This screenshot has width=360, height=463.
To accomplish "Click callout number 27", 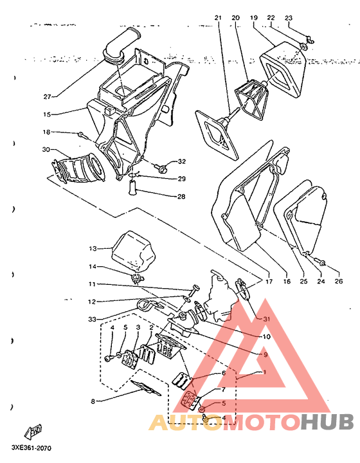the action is (x=47, y=96).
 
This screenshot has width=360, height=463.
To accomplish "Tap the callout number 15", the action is (x=47, y=114).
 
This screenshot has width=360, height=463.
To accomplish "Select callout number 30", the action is (x=46, y=149).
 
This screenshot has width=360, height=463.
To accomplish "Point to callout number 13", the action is (x=93, y=248).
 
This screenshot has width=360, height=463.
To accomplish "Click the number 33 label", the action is (x=92, y=319).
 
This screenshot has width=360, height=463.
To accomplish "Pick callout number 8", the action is (x=93, y=401).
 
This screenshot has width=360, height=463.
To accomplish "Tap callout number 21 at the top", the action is (x=218, y=18).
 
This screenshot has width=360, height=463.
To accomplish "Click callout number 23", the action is (x=288, y=18).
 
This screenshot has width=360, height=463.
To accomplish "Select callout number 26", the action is (x=339, y=281).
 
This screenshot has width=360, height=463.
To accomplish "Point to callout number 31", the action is (x=266, y=319).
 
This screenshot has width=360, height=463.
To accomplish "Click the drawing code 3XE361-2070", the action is (x=32, y=448).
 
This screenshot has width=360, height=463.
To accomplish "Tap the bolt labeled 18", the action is (x=83, y=136).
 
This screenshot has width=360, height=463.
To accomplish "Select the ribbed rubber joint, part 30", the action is (x=78, y=169).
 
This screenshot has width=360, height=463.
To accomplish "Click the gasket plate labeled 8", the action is (x=146, y=388).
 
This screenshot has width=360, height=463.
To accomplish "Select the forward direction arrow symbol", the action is (x=33, y=431).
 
